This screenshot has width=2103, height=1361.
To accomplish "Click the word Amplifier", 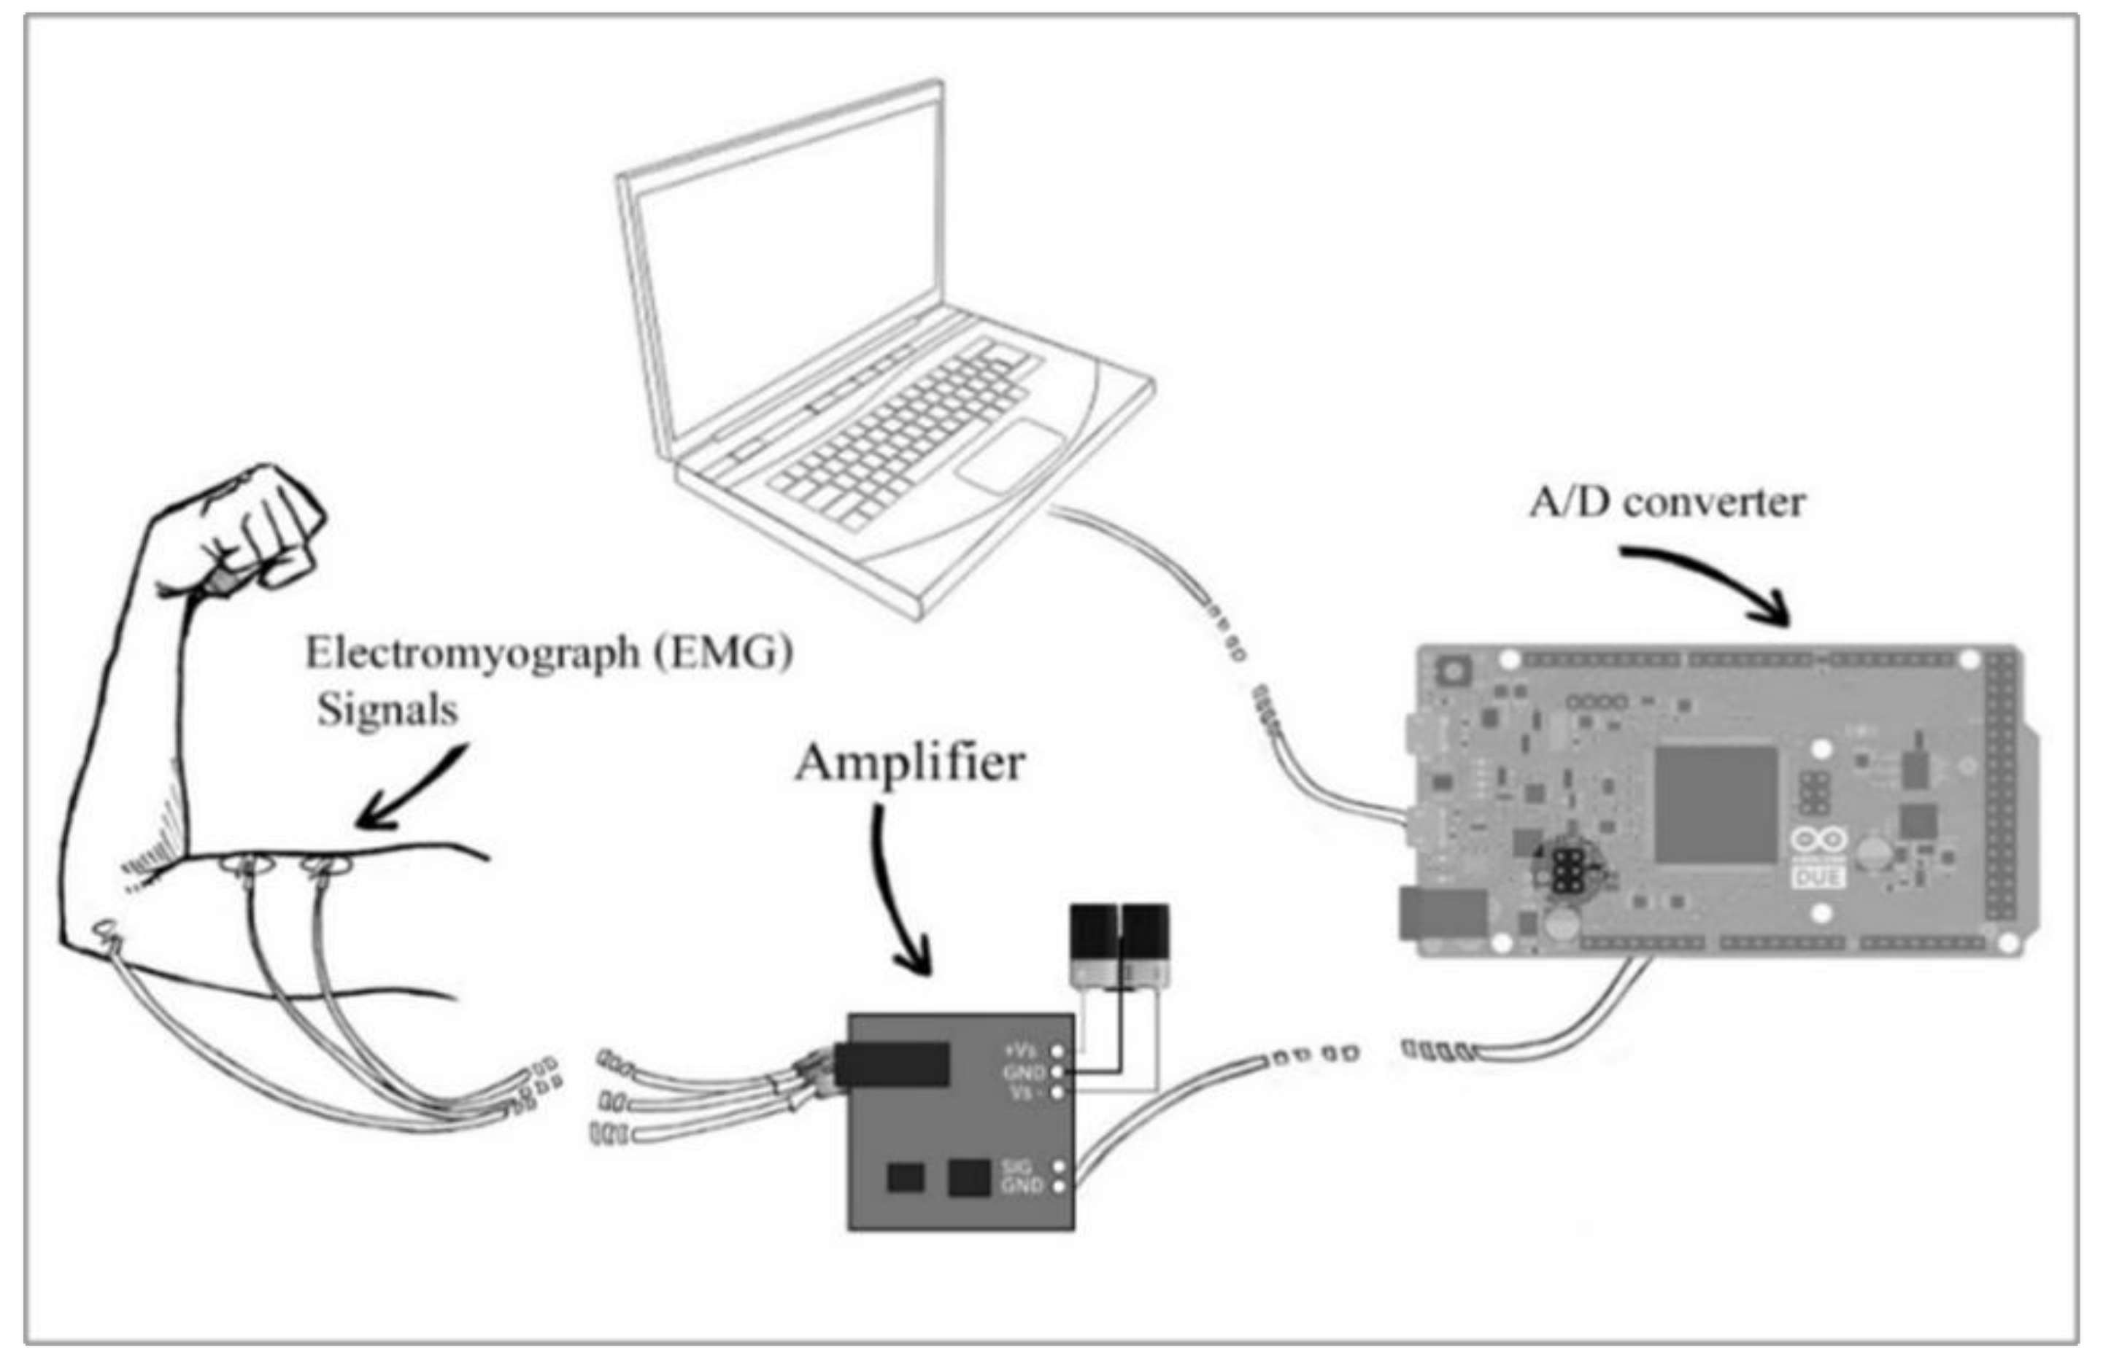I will point(909,764).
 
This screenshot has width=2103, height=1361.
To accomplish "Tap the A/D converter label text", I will point(1667,503).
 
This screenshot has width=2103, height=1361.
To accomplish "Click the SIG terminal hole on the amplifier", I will point(1059,1167).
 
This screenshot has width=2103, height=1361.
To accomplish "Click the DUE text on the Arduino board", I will point(1818,879).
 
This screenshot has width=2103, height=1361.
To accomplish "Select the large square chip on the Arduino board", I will point(1716,804).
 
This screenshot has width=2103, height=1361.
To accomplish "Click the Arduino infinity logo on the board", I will point(1818,840).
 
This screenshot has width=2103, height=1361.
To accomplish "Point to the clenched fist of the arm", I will point(265,530).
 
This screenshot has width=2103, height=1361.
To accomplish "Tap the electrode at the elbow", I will point(108,933).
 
